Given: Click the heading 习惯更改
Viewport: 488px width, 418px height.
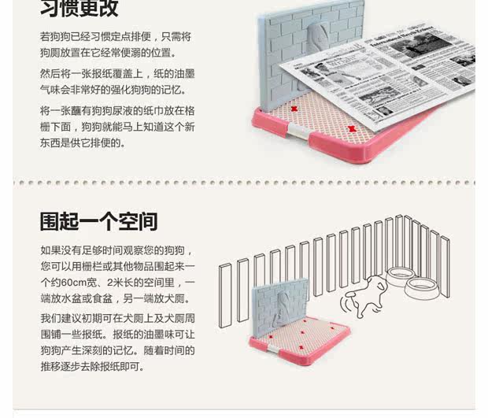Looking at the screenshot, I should point(79,8).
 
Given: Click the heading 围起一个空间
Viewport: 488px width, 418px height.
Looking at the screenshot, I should point(98,221).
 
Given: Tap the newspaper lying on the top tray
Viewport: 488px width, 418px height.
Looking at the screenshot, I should point(378,75).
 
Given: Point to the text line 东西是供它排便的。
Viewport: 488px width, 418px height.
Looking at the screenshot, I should point(83,143).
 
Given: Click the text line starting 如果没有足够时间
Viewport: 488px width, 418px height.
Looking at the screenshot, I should point(116,250).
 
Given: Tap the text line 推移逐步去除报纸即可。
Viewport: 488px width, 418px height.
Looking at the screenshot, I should point(92,367).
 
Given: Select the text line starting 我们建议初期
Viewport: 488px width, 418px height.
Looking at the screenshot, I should point(117,318).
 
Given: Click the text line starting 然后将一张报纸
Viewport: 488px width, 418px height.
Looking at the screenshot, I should point(117,73).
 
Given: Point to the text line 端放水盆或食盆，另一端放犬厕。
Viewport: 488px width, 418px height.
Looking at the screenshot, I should point(116,299).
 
